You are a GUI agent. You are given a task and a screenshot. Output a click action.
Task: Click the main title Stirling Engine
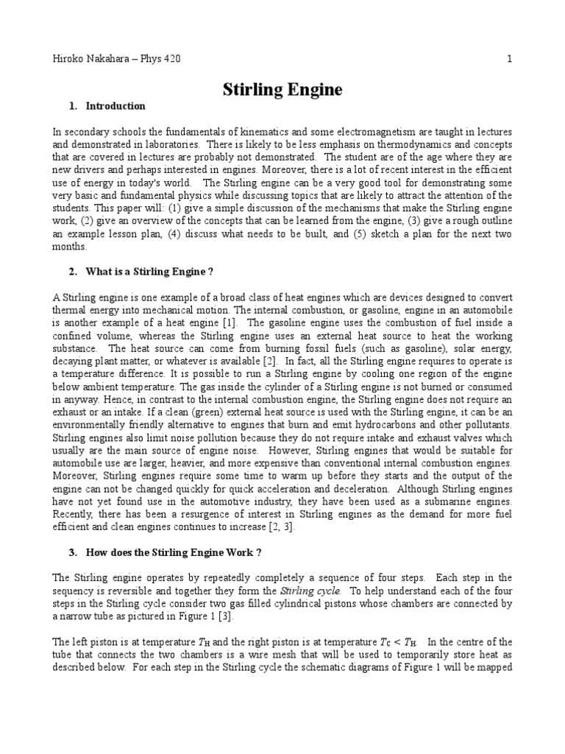[x=282, y=90]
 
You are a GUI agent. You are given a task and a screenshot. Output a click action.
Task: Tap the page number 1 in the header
[x=509, y=58]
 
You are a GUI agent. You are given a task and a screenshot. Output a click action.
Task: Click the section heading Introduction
[x=116, y=106]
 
